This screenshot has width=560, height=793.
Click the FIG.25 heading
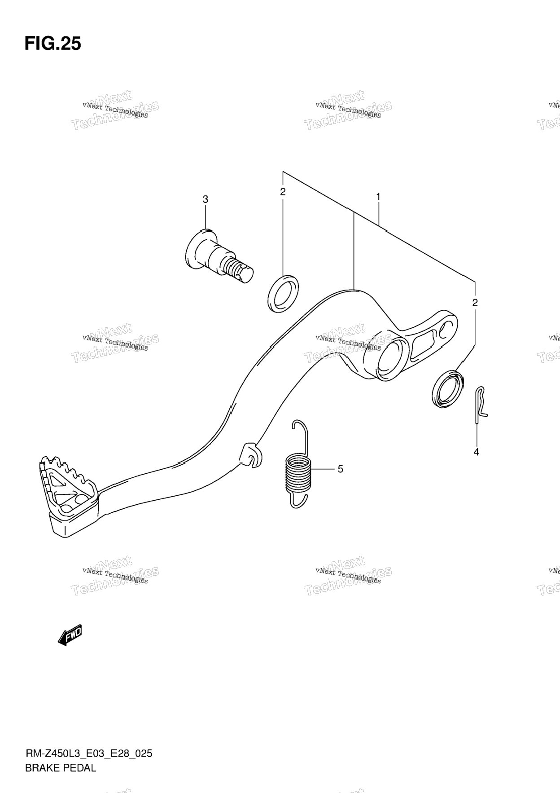point(52,44)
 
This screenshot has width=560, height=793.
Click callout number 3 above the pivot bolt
point(206,199)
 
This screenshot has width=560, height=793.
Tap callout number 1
point(379,196)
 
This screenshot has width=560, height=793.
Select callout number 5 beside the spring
point(341,469)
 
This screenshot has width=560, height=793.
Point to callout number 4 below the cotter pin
point(476,452)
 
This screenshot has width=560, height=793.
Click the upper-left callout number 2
point(283,192)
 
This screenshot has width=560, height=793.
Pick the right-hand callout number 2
point(475,302)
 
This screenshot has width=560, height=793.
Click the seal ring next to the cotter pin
point(447,389)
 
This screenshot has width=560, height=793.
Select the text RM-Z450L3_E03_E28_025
point(88,753)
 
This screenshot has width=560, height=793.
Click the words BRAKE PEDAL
point(61,768)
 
